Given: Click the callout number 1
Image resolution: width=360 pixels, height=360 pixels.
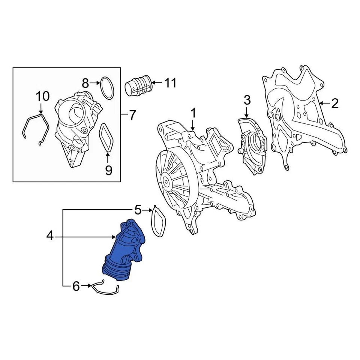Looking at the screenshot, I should coord(193,113).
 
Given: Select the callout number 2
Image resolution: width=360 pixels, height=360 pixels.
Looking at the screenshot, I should coord(334,103).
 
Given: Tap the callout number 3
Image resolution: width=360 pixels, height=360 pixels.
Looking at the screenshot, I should coord(247,100).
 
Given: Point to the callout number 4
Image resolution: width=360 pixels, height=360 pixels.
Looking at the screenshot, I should coord(51,236).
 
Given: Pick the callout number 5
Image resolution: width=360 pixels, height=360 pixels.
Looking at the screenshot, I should coord(138,210).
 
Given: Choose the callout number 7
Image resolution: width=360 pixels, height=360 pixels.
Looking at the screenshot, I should coord(132,115).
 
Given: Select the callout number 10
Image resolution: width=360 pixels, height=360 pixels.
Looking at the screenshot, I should coord(42,96).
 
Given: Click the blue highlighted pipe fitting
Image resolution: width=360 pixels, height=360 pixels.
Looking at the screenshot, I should coord(124,251).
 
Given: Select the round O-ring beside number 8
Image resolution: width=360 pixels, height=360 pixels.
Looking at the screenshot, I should coord(107,88).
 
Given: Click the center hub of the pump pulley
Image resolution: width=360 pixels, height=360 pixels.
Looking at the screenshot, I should coord(166,183).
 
